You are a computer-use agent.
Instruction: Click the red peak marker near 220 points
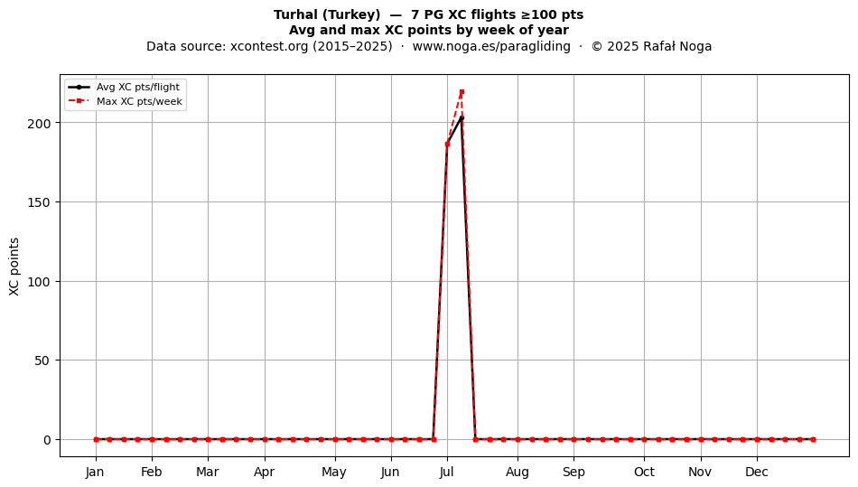point(462,92)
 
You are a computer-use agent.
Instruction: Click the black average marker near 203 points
point(462,117)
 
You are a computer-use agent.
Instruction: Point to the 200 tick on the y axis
point(39,123)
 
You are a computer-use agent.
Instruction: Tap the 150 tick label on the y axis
point(39,202)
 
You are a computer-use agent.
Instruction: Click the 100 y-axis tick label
point(39,282)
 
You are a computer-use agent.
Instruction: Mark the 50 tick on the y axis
point(42,361)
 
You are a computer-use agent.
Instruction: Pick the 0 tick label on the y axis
point(47,440)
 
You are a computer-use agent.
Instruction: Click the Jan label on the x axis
point(95,472)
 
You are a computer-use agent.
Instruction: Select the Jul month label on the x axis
point(446,472)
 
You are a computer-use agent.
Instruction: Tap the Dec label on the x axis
point(757,472)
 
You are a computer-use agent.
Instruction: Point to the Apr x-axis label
point(265,472)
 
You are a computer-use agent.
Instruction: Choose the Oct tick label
point(644,472)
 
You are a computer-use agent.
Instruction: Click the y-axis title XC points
point(14,267)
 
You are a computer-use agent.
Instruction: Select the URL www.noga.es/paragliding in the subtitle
point(491,46)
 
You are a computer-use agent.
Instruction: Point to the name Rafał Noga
point(677,46)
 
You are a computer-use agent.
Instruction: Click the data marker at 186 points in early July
point(447,145)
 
